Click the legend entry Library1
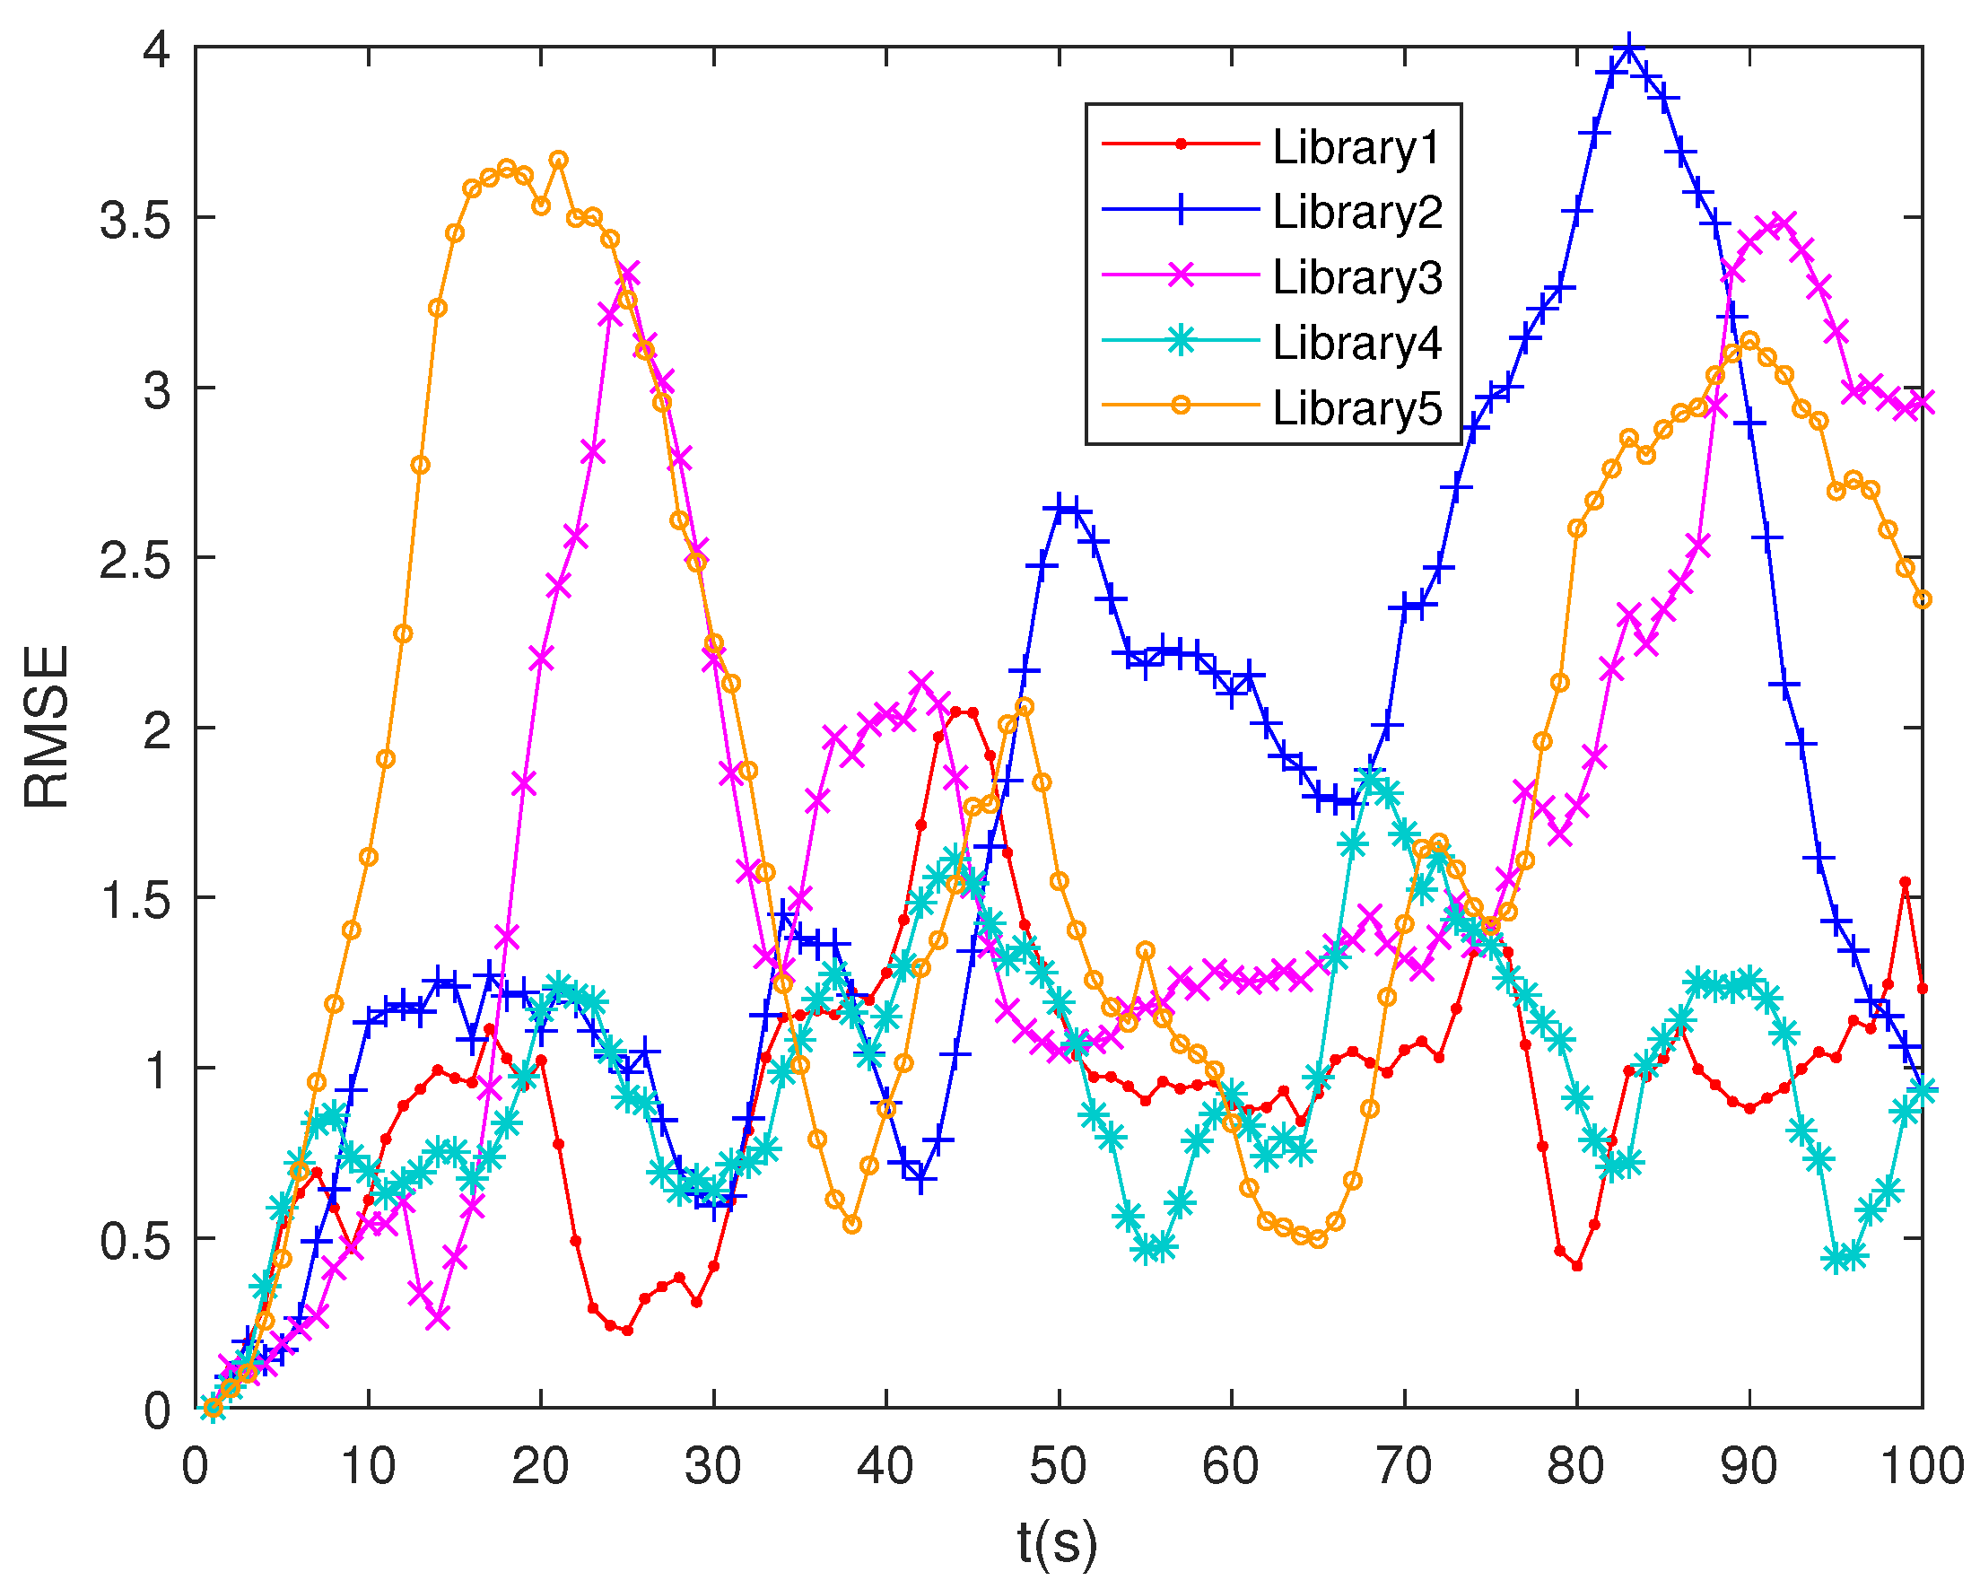[x=1356, y=147]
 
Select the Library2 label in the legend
[x=1356, y=212]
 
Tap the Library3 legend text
[x=1356, y=277]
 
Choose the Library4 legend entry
[x=1356, y=343]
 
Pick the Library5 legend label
[x=1356, y=408]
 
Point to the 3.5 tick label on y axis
[x=135, y=222]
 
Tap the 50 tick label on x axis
[x=1058, y=1467]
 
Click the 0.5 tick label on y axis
[x=135, y=1242]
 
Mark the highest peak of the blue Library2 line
[x=1628, y=47]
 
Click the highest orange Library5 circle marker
[x=558, y=160]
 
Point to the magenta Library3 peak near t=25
[x=627, y=274]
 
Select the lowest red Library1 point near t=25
[x=627, y=1330]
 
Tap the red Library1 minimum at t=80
[x=1577, y=1266]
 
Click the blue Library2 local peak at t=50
[x=1060, y=506]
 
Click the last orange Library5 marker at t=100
[x=1923, y=599]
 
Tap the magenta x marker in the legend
[x=1181, y=275]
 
